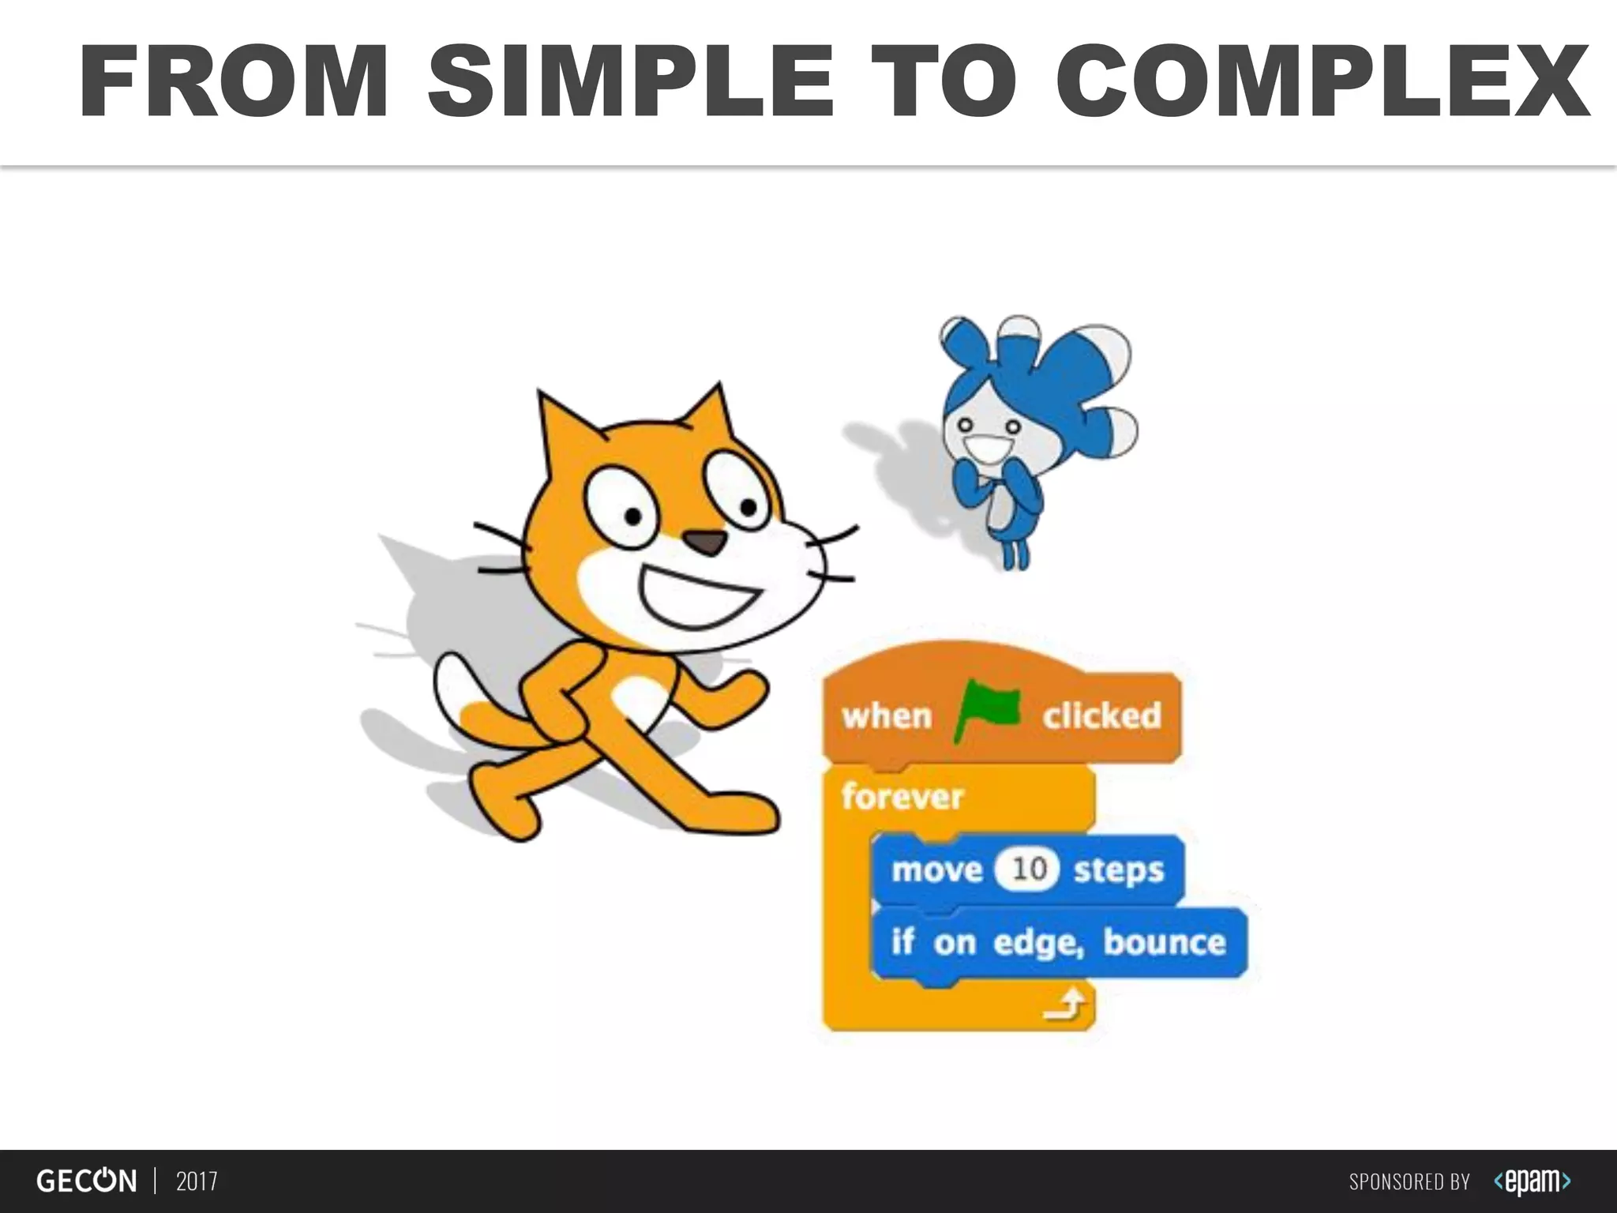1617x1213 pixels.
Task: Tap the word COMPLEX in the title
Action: (x=1322, y=82)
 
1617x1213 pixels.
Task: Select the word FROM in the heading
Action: (x=234, y=82)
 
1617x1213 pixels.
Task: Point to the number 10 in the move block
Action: (x=1029, y=869)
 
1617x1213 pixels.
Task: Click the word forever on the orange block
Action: (x=902, y=796)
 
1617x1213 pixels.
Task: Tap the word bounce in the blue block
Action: (x=1164, y=941)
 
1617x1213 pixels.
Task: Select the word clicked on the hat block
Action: (x=1101, y=715)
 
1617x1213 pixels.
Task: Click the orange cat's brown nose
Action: (x=704, y=542)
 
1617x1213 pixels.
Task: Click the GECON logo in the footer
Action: (x=86, y=1181)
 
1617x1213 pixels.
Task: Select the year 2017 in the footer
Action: (x=197, y=1181)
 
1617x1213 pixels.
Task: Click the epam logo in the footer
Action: (x=1532, y=1181)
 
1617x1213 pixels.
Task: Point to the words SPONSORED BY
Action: (x=1409, y=1182)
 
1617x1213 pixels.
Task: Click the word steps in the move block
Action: (x=1118, y=869)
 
